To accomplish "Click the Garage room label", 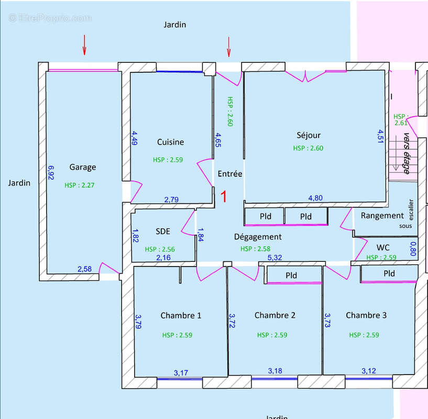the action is pos(83,167).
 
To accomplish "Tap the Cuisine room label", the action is pos(171,142).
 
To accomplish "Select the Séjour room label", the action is pos(309,136).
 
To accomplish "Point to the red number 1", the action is pos(224,196).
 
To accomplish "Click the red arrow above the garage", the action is pos(84,45).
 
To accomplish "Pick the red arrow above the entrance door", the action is pos(229,47).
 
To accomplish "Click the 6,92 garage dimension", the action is pos(51,173).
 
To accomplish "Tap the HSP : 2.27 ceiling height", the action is pos(80,185).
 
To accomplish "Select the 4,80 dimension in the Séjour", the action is pos(315,198).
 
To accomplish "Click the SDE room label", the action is pos(163,231).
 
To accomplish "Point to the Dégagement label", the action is pos(258,237).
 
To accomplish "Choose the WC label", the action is pos(383,248).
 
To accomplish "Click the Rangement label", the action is pos(382,216).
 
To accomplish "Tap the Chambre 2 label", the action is pos(275,315).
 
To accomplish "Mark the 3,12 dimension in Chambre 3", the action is pos(369,371).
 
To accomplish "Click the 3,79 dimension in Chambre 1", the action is pos(138,322).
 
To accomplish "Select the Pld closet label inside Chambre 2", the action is pos(291,275).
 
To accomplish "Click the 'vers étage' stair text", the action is pos(407,153).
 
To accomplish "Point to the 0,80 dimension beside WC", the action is pos(413,249).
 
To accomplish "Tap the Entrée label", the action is pos(230,174).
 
